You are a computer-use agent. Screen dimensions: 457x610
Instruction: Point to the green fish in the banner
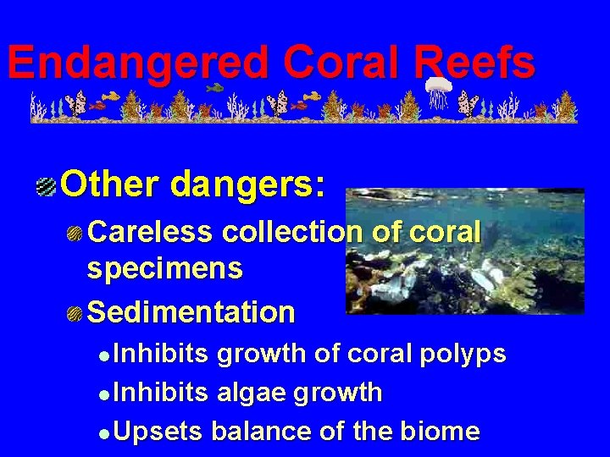coord(214,87)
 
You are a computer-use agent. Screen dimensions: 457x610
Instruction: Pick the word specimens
coord(164,270)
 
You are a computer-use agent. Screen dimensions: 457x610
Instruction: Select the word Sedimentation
coord(191,312)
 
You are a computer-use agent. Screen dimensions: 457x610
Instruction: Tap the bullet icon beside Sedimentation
coord(75,314)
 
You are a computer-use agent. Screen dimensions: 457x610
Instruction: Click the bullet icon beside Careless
coord(75,233)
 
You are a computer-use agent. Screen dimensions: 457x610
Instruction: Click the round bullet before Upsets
coord(103,432)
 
